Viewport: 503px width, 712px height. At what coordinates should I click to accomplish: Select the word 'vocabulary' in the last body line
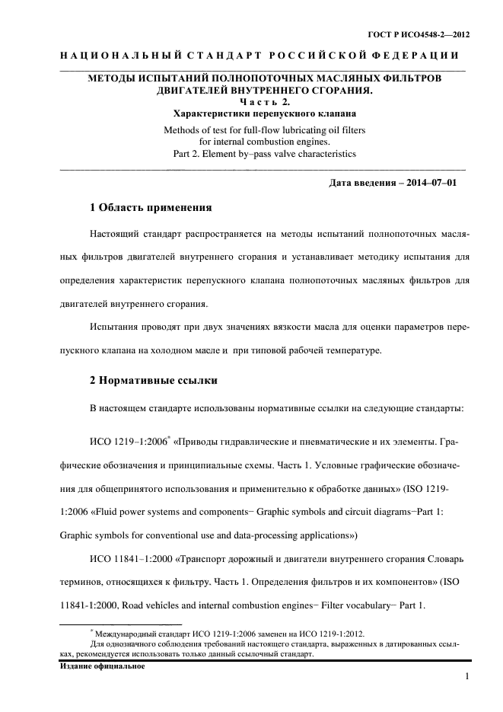pyautogui.click(x=366, y=605)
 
